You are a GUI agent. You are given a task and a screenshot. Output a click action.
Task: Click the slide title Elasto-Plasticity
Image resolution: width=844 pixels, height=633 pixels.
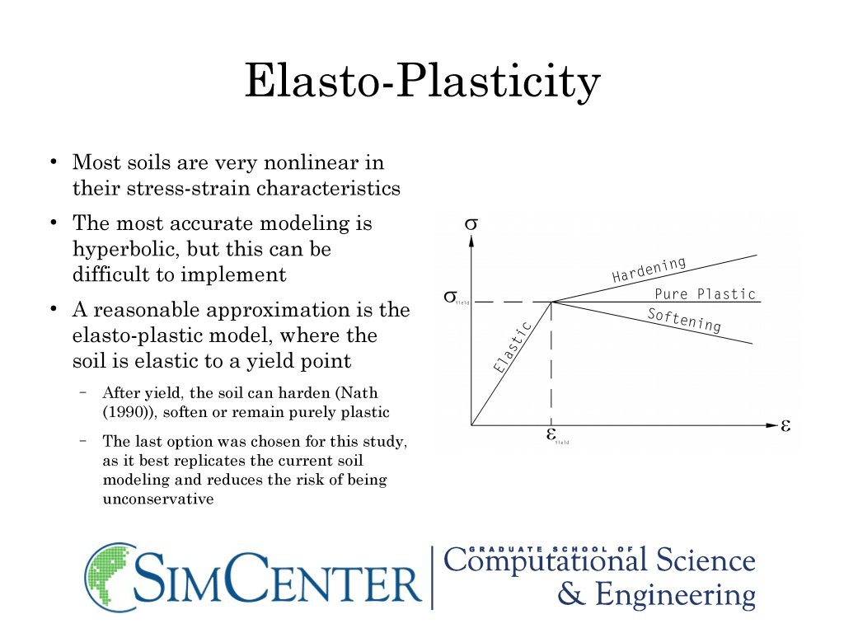(423, 81)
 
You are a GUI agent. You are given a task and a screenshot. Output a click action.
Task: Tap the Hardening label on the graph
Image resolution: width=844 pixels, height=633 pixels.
(649, 270)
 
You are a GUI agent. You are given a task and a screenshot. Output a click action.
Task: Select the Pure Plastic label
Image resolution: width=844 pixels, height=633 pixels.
(706, 294)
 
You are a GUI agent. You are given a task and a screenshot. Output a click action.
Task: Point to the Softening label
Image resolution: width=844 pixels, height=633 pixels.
(684, 321)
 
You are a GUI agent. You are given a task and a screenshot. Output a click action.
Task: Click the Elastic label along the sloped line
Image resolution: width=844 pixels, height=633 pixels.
(513, 347)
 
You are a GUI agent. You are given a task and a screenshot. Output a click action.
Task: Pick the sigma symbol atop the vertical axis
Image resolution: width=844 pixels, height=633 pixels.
(471, 223)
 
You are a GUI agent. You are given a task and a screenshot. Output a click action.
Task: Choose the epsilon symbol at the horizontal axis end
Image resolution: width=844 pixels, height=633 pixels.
(785, 426)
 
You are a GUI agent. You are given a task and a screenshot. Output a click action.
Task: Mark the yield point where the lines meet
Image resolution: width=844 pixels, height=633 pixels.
(551, 302)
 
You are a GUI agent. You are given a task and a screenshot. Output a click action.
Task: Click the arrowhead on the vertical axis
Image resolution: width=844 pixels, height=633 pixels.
(471, 241)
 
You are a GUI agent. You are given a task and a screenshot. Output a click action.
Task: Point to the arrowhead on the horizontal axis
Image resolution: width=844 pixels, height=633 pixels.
(771, 425)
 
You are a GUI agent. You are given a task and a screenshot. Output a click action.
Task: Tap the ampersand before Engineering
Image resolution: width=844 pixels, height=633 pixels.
(571, 594)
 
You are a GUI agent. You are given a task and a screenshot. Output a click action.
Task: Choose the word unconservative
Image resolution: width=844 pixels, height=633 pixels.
(158, 499)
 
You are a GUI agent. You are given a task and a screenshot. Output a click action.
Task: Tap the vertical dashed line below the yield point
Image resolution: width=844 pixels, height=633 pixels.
(551, 363)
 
